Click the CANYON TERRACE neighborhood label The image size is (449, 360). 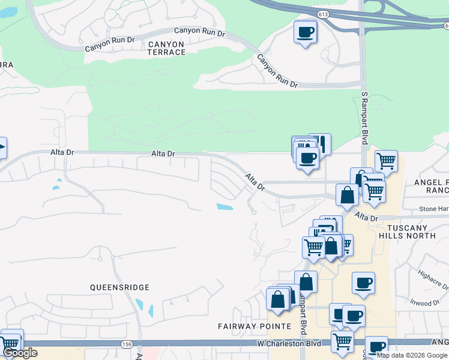(166, 48)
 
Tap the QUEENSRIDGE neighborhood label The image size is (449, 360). (119, 287)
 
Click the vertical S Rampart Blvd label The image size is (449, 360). (364, 118)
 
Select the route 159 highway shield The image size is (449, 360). (126, 344)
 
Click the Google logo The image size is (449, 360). (19, 353)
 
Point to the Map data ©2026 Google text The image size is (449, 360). (412, 355)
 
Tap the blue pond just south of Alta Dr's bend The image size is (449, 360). (224, 207)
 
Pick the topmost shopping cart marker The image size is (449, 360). (386, 160)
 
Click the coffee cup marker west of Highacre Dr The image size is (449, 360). (363, 282)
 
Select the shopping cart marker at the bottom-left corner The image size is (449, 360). (10, 344)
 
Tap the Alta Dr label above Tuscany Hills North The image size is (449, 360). (366, 216)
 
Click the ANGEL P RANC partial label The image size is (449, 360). (430, 185)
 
